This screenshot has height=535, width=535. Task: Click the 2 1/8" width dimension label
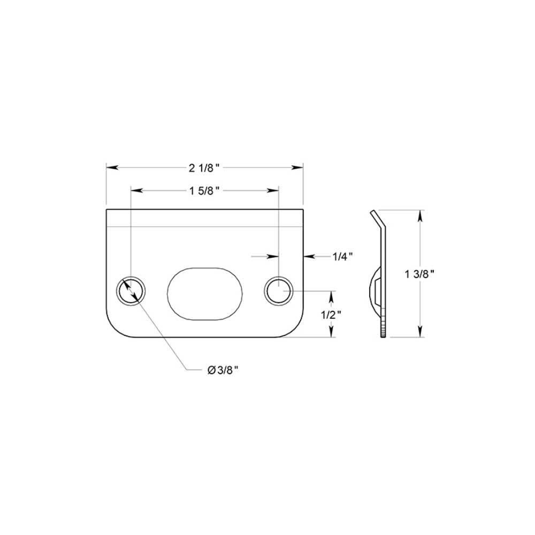205,168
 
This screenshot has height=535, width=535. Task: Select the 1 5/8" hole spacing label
205,190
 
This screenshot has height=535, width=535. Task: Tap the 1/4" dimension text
343,257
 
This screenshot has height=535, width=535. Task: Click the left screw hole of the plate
131,292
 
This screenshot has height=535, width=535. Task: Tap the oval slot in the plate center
205,293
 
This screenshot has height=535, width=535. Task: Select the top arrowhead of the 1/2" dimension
333,295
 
